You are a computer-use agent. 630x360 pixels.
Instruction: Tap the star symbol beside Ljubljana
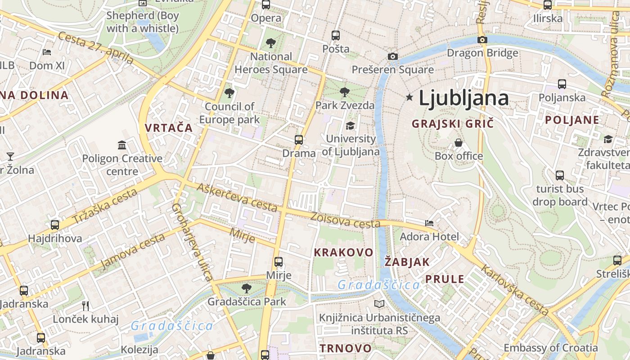pos(409,97)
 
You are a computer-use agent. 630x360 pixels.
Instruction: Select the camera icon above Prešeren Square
pos(393,57)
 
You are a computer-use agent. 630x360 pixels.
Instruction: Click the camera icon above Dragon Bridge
pos(482,40)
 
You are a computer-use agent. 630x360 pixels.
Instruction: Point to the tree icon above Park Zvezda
pos(345,92)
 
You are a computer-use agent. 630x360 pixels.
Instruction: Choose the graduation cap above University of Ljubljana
pos(350,126)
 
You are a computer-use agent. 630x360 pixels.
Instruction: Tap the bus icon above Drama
pos(299,140)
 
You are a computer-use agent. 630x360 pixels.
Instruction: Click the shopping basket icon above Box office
pos(459,143)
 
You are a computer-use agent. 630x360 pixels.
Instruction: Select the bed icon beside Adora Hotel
pos(429,223)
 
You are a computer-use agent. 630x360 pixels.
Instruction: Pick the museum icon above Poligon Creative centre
pos(122,145)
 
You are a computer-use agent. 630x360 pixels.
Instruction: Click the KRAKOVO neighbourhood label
pos(343,252)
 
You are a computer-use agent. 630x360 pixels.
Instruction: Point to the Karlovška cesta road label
pos(514,290)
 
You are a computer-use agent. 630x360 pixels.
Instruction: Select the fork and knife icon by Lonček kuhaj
pos(86,306)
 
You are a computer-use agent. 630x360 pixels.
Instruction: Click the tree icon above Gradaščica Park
pos(246,288)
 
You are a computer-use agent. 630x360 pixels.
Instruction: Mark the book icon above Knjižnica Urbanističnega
pos(379,304)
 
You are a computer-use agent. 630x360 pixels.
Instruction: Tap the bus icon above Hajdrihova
pos(55,225)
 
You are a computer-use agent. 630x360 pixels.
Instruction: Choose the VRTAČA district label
pos(169,128)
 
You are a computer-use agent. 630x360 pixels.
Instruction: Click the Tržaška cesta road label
pos(104,207)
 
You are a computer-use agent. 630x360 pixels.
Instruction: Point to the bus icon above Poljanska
pos(562,84)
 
